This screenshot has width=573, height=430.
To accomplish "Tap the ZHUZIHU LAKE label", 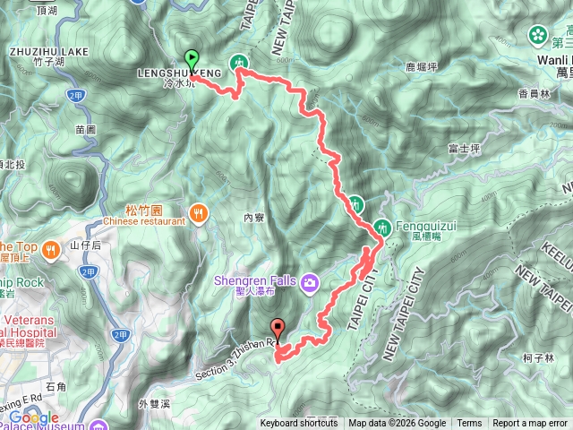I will point(49,52).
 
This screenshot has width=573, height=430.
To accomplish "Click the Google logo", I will point(33,417).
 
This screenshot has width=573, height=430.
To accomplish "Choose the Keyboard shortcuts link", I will point(299,424).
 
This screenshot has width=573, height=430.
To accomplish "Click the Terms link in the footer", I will point(469,424).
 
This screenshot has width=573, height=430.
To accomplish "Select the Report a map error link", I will point(529,424).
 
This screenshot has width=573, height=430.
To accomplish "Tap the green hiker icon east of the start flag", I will point(239,62).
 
